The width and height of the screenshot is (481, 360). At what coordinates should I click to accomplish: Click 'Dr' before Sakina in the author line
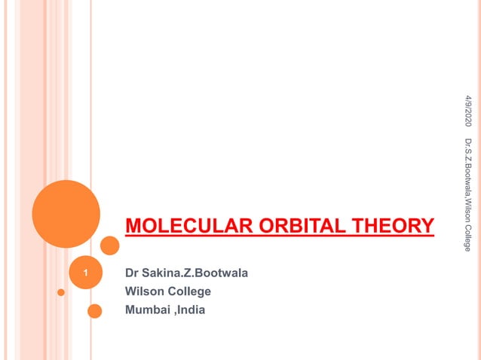132,273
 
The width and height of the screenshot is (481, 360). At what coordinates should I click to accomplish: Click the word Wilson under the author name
143,291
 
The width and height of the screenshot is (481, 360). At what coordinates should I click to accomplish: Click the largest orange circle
66,213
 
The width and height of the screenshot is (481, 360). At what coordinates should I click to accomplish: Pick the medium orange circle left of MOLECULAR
110,245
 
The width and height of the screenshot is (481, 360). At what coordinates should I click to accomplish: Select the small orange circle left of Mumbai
94,310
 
